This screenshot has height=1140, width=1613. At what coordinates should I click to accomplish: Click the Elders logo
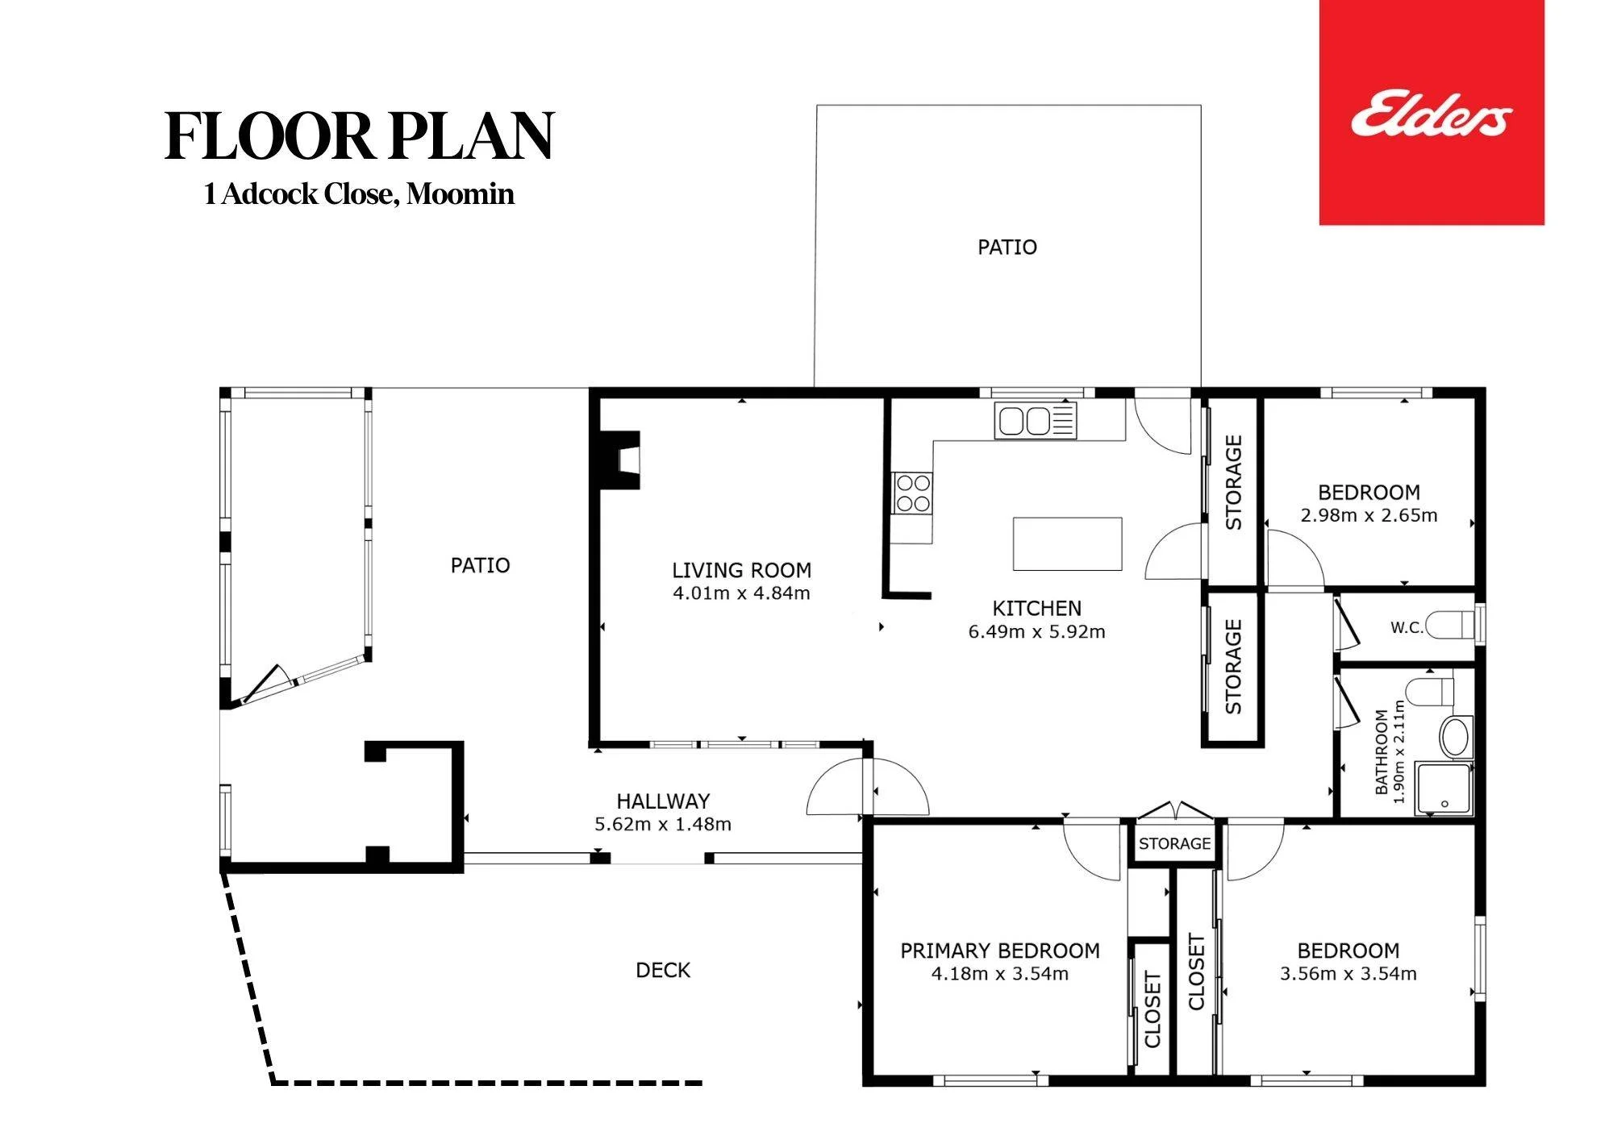[1432, 113]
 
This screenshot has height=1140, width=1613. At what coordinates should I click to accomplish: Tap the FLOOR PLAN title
[360, 135]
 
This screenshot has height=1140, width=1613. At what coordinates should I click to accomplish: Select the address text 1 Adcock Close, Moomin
[359, 194]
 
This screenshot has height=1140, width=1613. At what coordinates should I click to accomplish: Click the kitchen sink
[1036, 421]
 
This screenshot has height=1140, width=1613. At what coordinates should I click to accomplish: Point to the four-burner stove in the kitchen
[912, 493]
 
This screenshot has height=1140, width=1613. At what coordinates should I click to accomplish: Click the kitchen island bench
[1068, 544]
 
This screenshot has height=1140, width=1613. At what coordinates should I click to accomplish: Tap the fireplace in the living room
[617, 460]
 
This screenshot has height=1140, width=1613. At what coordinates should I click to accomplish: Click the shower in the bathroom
[1444, 789]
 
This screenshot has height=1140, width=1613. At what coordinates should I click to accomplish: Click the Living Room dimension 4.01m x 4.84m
[741, 593]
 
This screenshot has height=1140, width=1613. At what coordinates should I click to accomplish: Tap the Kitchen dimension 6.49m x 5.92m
[1036, 632]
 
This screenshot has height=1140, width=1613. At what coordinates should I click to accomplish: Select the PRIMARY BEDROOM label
[1000, 951]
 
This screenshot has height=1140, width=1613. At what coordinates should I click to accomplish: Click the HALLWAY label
[663, 801]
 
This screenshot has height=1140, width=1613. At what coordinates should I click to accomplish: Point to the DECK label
[663, 970]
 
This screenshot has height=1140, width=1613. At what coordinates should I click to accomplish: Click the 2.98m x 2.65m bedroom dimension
[1369, 515]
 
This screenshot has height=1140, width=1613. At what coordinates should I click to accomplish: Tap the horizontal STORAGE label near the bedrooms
[1174, 843]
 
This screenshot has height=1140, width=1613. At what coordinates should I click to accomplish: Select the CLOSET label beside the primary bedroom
[1152, 1010]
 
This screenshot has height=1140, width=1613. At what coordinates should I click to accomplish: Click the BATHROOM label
[1382, 752]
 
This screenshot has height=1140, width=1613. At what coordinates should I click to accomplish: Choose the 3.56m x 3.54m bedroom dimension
[1348, 974]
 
